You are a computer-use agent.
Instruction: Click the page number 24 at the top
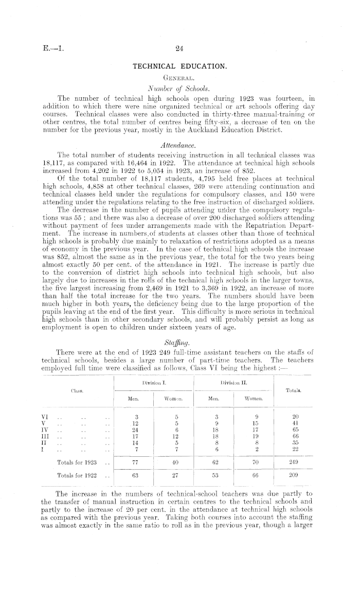pyautogui.click(x=179, y=49)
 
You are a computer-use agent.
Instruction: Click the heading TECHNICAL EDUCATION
pyautogui.click(x=179, y=67)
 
